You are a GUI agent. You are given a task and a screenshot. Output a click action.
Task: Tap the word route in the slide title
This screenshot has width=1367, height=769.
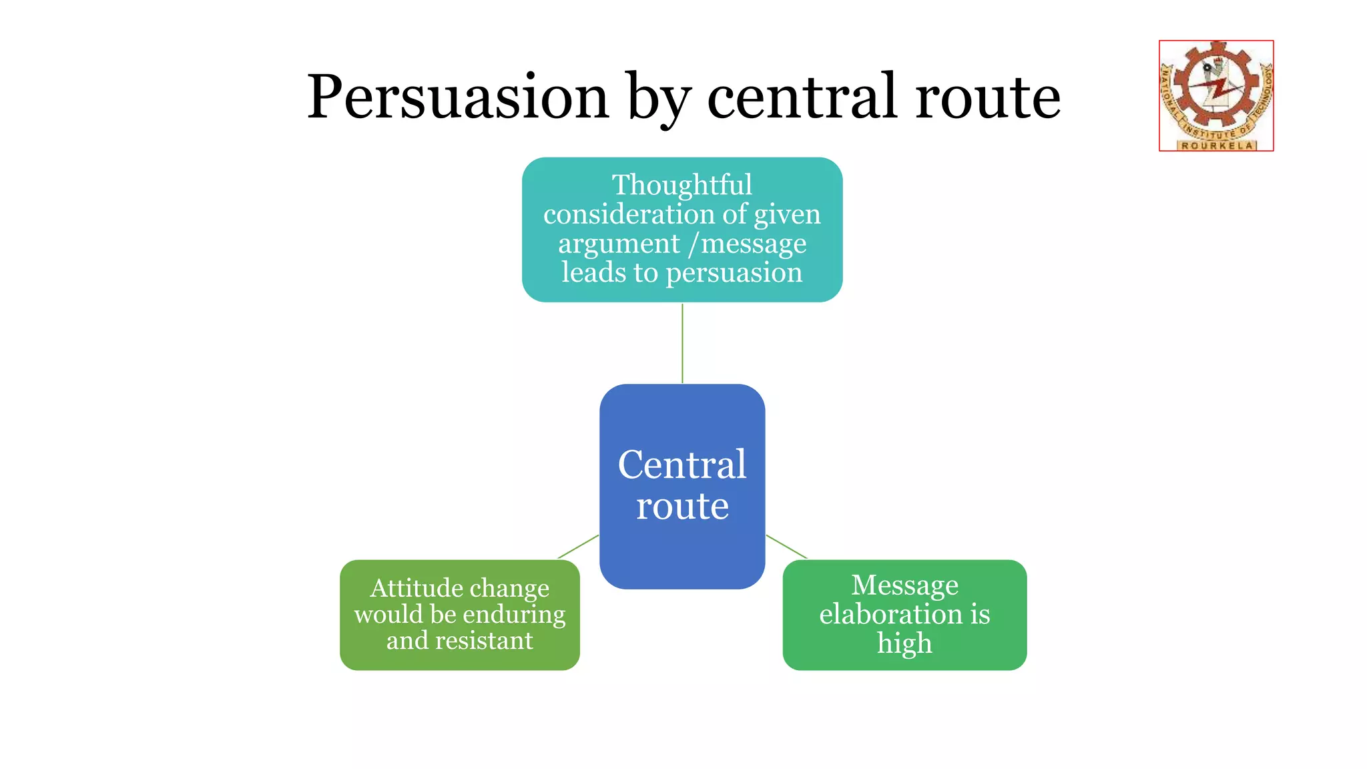[x=988, y=97]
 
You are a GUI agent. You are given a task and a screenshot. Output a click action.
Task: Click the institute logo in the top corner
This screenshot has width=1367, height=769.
[x=1216, y=95]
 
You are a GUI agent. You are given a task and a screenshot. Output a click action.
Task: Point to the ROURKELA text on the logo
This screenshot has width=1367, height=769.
[x=1217, y=146]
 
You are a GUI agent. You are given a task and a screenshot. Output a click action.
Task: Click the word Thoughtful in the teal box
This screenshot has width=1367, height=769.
[x=682, y=185]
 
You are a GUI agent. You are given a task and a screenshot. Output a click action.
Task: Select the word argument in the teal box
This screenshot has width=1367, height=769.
[x=619, y=244]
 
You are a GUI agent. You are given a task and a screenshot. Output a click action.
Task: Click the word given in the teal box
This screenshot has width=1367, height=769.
[x=787, y=215]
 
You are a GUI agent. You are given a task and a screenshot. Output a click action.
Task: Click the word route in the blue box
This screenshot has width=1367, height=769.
[x=682, y=507]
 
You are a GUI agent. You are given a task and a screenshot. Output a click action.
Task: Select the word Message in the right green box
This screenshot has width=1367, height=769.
[x=905, y=585]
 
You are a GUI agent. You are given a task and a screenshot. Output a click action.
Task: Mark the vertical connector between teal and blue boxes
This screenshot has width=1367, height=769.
[x=682, y=343]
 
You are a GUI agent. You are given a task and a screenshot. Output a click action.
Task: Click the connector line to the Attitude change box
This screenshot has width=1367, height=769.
[x=578, y=547]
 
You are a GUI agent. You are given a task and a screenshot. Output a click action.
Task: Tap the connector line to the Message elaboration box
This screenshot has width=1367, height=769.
[x=786, y=547]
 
